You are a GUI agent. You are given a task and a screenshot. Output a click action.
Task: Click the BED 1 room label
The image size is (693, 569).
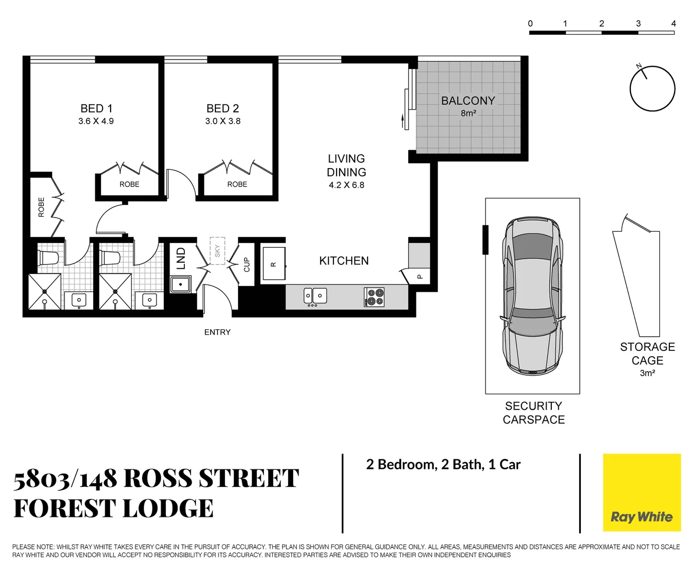pyautogui.click(x=96, y=109)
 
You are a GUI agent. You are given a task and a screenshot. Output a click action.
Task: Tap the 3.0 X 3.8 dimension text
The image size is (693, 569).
pyautogui.click(x=223, y=121)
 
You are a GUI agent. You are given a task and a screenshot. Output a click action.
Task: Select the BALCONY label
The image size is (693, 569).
pyautogui.click(x=468, y=101)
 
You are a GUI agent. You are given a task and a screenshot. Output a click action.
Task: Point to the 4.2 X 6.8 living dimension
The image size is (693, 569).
pyautogui.click(x=346, y=185)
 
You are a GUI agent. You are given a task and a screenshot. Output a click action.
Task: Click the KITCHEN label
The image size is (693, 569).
pyautogui.click(x=344, y=261)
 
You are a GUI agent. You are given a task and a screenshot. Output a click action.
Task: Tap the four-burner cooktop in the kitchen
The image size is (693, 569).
pyautogui.click(x=374, y=297)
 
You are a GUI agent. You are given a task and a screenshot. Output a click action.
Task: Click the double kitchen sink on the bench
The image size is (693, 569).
pyautogui.click(x=315, y=296)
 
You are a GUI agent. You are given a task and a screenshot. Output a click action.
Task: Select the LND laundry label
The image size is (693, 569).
pyautogui.click(x=181, y=259)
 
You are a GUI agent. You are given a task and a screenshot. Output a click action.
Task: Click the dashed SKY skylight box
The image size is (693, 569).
pyautogui.click(x=217, y=251)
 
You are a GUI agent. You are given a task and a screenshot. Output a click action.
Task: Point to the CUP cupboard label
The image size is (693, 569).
pyautogui.click(x=246, y=264)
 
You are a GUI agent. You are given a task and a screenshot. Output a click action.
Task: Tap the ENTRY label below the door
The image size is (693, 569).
pyautogui.click(x=217, y=332)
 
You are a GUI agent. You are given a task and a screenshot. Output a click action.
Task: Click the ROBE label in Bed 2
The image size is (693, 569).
pyautogui.click(x=237, y=184)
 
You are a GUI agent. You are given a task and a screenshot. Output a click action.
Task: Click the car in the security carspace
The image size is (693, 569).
pyautogui.click(x=532, y=295)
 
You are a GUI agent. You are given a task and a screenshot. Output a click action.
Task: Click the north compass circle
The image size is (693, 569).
pyautogui.click(x=652, y=89)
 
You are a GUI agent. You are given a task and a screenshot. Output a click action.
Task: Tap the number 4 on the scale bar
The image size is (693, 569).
pyautogui.click(x=674, y=23)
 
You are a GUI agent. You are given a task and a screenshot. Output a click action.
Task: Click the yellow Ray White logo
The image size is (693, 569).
pyautogui.click(x=641, y=493)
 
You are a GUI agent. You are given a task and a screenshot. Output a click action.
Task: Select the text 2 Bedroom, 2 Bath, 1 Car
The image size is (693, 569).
pyautogui.click(x=443, y=465)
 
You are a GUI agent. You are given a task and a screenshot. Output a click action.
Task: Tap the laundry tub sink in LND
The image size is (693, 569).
pyautogui.click(x=181, y=284)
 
